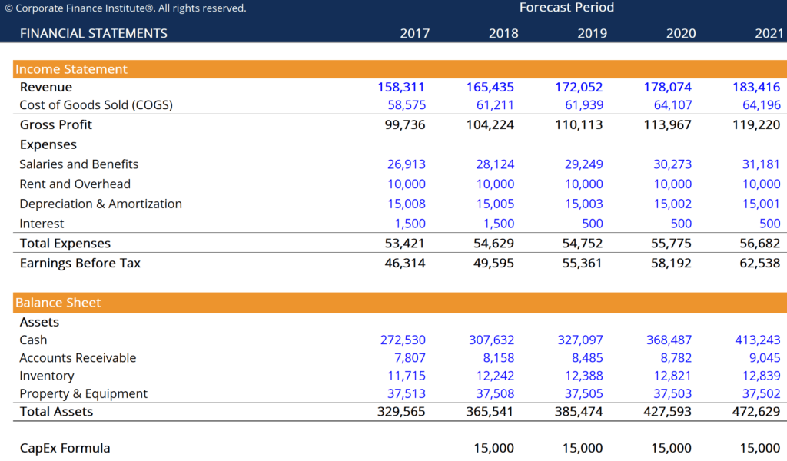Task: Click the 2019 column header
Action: pos(592,33)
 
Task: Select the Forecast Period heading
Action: pos(566,8)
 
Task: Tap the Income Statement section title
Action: pos(71,69)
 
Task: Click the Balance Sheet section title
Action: pos(58,303)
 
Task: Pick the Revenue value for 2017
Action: pos(401,87)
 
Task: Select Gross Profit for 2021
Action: pos(756,124)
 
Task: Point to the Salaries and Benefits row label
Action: pos(79,164)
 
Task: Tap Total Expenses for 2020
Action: pos(669,244)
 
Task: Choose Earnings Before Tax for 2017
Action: pos(405,263)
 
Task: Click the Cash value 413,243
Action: pos(758,340)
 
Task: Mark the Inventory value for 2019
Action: pos(582,376)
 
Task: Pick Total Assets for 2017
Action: pos(401,411)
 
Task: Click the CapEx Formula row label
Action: pos(65,448)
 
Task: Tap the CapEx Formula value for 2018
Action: pos(494,448)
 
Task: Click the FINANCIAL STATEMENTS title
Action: pos(93,33)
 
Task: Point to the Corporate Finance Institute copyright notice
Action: pos(126,8)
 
